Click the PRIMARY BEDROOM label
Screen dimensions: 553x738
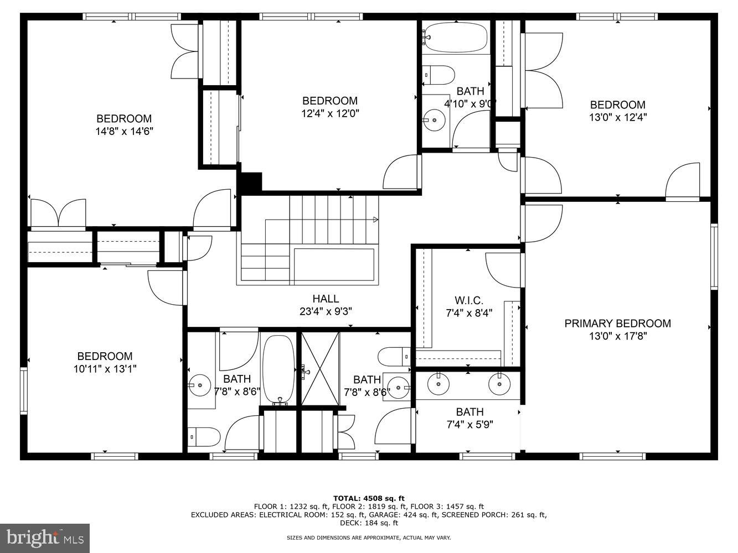(617, 324)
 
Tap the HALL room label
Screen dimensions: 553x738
(326, 299)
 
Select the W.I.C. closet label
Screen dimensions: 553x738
(469, 300)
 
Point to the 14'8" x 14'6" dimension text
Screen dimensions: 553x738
(124, 132)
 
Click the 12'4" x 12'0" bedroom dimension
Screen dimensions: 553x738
(329, 113)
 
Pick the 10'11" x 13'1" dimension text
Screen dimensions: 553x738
(105, 369)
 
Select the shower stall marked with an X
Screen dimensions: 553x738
(320, 369)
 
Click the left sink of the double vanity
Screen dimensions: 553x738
(439, 383)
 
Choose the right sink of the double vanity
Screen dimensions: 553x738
(499, 383)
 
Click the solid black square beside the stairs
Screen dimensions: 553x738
(250, 182)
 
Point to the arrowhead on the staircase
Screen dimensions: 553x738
(375, 220)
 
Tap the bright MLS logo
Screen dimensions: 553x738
(45, 537)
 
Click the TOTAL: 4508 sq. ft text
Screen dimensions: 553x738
(369, 498)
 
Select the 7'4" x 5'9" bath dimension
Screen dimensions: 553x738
(469, 425)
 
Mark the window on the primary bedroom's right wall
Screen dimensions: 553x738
(714, 257)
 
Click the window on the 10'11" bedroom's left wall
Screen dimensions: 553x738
(24, 391)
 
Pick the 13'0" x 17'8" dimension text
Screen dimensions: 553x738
(617, 336)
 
